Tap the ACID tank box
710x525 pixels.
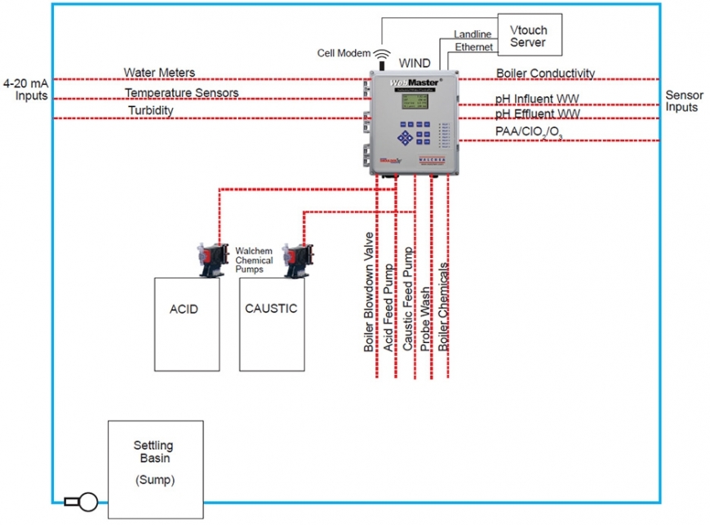tap(187, 324)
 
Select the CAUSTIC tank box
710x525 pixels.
tap(271, 324)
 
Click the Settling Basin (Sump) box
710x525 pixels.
tap(155, 469)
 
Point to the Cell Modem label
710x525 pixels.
tap(344, 53)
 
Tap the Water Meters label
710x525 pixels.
tap(159, 73)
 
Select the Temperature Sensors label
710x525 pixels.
tap(181, 93)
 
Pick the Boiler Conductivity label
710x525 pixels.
tap(545, 73)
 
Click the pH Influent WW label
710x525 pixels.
tap(536, 99)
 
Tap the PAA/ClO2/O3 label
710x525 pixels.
tap(529, 131)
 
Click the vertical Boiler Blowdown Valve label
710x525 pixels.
tap(369, 292)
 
